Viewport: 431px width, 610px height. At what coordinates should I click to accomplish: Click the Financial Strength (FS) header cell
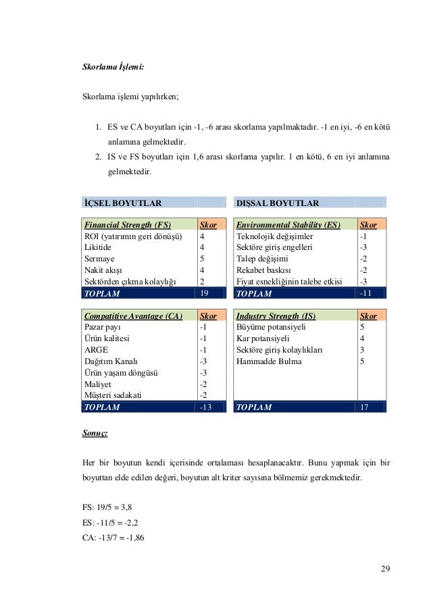(126, 224)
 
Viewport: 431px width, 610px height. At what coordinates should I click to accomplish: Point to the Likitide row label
(97, 247)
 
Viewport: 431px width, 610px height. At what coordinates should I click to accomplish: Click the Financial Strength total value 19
(205, 293)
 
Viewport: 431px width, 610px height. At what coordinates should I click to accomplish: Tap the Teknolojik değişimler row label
(275, 236)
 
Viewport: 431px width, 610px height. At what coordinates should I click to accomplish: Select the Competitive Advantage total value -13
(205, 407)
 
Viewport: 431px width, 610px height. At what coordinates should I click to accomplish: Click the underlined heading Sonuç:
(95, 430)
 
